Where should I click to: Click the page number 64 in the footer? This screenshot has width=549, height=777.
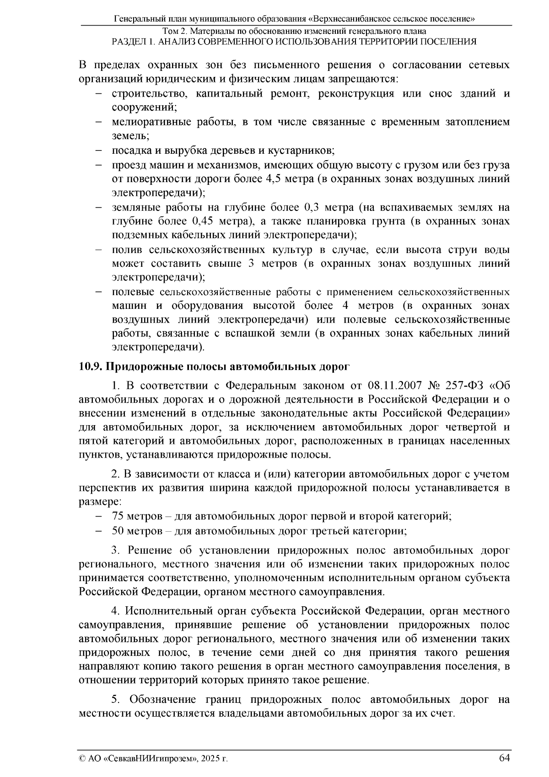(504, 758)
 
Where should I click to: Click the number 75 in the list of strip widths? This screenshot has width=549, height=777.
(118, 516)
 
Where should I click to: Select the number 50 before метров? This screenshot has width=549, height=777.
(118, 531)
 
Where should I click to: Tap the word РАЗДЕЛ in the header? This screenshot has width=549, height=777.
(130, 42)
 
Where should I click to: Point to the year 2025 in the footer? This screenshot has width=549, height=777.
(211, 759)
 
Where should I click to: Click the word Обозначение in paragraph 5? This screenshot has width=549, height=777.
(159, 700)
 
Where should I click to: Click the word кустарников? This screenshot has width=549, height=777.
(301, 151)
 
